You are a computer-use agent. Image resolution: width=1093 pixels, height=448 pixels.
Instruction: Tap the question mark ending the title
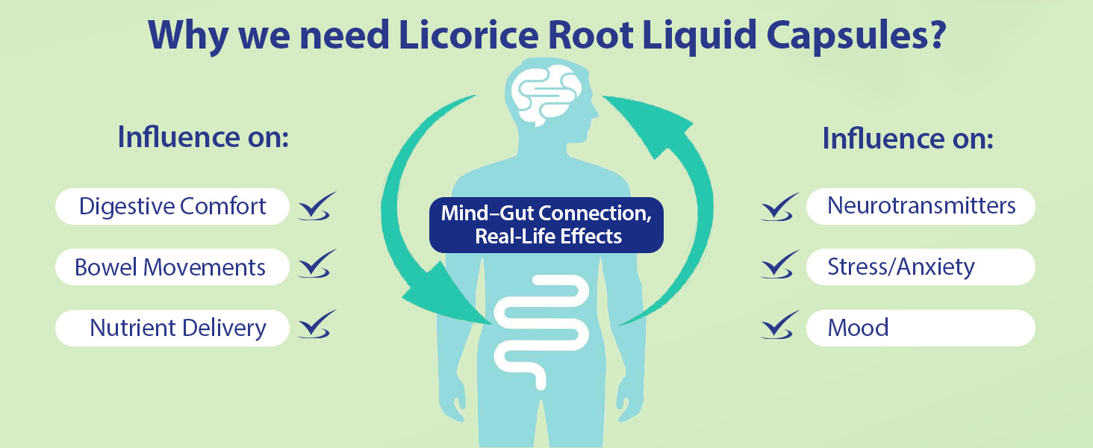click(x=935, y=34)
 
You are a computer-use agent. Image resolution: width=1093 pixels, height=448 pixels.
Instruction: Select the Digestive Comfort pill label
click(x=172, y=206)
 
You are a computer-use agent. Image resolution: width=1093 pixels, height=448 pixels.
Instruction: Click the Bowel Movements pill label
click(x=172, y=267)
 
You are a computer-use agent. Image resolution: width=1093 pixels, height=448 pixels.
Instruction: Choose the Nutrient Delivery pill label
click(x=172, y=328)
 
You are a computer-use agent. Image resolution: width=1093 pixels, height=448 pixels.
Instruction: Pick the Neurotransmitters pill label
click(x=921, y=206)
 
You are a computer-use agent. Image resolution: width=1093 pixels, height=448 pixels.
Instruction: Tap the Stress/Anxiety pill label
click(x=921, y=267)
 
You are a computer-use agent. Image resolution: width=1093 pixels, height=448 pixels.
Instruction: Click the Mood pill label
click(x=921, y=328)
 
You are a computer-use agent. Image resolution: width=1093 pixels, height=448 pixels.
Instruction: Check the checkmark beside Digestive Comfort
click(x=317, y=206)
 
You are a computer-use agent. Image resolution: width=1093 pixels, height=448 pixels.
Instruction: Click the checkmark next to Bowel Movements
click(x=317, y=264)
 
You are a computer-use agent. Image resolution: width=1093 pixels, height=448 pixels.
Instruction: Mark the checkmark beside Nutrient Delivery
click(x=317, y=324)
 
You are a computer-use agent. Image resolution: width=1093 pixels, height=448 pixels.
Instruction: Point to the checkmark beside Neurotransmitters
click(x=779, y=206)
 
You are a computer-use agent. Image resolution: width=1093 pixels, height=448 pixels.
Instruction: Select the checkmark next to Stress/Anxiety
click(x=779, y=264)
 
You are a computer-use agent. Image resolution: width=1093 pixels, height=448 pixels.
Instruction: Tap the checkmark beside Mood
click(x=779, y=325)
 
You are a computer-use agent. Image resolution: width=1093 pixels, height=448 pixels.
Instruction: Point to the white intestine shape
click(x=541, y=332)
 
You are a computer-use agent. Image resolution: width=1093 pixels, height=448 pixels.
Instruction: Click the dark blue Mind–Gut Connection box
click(x=546, y=225)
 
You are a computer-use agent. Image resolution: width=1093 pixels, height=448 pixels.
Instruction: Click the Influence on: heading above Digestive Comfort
click(x=203, y=137)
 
